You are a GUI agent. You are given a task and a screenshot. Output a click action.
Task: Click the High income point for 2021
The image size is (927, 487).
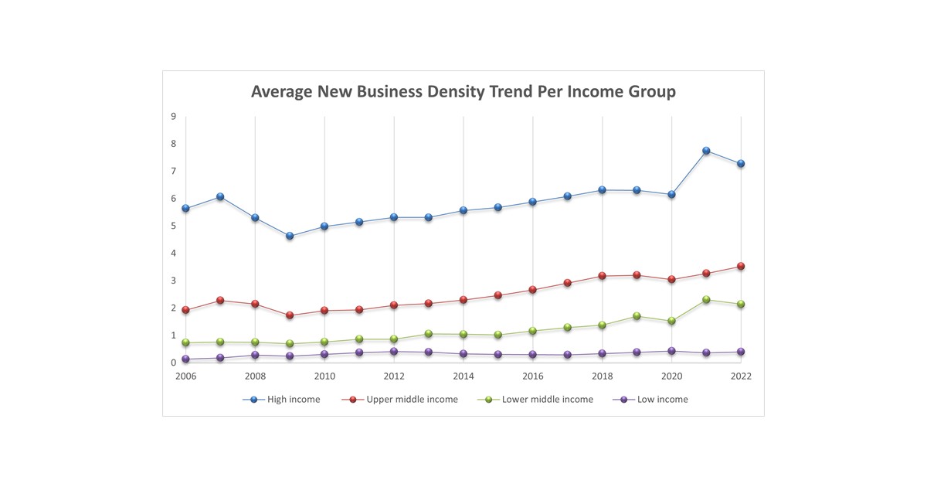[x=706, y=151]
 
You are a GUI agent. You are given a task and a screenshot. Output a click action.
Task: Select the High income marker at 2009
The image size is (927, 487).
[x=290, y=236]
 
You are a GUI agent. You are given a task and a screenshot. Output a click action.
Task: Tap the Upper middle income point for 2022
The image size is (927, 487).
[x=741, y=266]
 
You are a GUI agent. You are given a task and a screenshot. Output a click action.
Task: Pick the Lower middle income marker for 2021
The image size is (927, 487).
[x=706, y=299]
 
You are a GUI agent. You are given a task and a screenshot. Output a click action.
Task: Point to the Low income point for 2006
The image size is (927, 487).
[x=185, y=359]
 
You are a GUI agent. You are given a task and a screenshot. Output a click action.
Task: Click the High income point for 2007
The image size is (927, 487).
[x=220, y=196]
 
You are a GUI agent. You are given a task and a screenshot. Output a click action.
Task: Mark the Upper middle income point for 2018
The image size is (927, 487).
[x=602, y=275]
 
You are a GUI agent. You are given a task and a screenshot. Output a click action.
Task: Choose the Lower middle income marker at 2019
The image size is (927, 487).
[x=637, y=315]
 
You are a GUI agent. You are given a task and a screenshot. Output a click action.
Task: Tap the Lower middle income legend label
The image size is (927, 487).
[x=547, y=400]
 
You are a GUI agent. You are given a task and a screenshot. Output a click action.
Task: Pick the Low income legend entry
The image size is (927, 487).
[x=662, y=400]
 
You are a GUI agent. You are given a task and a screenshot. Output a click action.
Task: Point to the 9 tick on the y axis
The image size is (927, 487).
[x=173, y=116]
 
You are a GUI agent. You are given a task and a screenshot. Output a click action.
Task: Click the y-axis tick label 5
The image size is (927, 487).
[x=173, y=226]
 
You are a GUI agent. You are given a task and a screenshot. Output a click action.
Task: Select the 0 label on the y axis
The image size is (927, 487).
[x=173, y=363]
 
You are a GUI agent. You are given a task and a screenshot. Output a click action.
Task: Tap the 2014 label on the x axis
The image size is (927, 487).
[x=463, y=376]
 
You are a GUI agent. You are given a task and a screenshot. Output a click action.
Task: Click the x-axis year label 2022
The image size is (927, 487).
[x=741, y=376]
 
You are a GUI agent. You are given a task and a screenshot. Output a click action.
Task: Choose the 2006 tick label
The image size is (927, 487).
[x=185, y=376]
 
